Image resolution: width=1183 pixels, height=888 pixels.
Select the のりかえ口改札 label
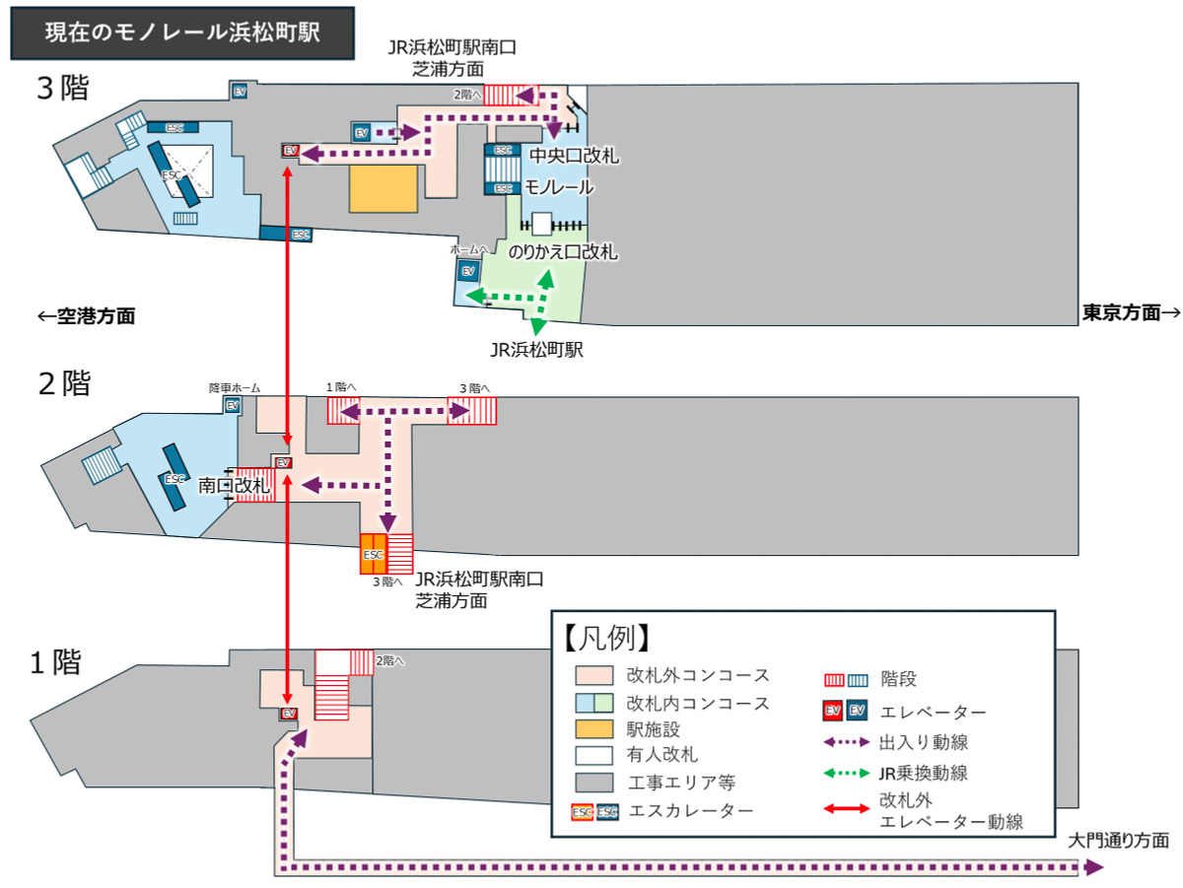(563, 252)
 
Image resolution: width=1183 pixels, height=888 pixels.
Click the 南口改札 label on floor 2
(234, 486)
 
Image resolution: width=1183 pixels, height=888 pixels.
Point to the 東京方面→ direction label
(1130, 312)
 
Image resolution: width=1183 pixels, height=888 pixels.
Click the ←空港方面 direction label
(86, 316)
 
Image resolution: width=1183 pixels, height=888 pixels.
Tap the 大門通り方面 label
(1119, 841)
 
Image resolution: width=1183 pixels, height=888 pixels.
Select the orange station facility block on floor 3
(383, 188)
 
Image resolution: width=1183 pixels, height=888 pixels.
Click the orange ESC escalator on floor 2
(373, 554)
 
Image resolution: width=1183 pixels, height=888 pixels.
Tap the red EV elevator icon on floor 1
(289, 713)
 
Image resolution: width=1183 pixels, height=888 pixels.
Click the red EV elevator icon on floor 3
(290, 151)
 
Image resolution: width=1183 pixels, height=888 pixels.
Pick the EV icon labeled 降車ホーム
(233, 405)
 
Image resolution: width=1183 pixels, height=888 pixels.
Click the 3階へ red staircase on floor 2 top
(472, 411)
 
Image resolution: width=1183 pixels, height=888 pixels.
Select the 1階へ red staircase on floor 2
(342, 411)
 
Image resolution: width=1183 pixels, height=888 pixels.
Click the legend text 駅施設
(653, 729)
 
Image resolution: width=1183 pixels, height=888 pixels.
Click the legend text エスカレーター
(690, 810)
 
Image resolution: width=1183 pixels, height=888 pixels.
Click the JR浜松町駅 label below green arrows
(537, 349)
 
